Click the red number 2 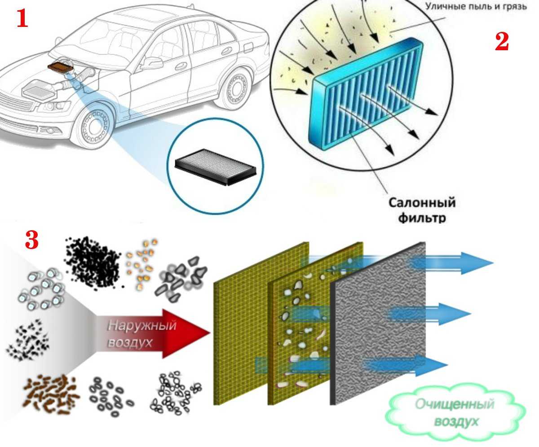click(502, 42)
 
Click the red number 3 click(31, 241)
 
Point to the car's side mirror click(151, 63)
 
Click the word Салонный click(422, 202)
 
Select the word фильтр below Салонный click(422, 218)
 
